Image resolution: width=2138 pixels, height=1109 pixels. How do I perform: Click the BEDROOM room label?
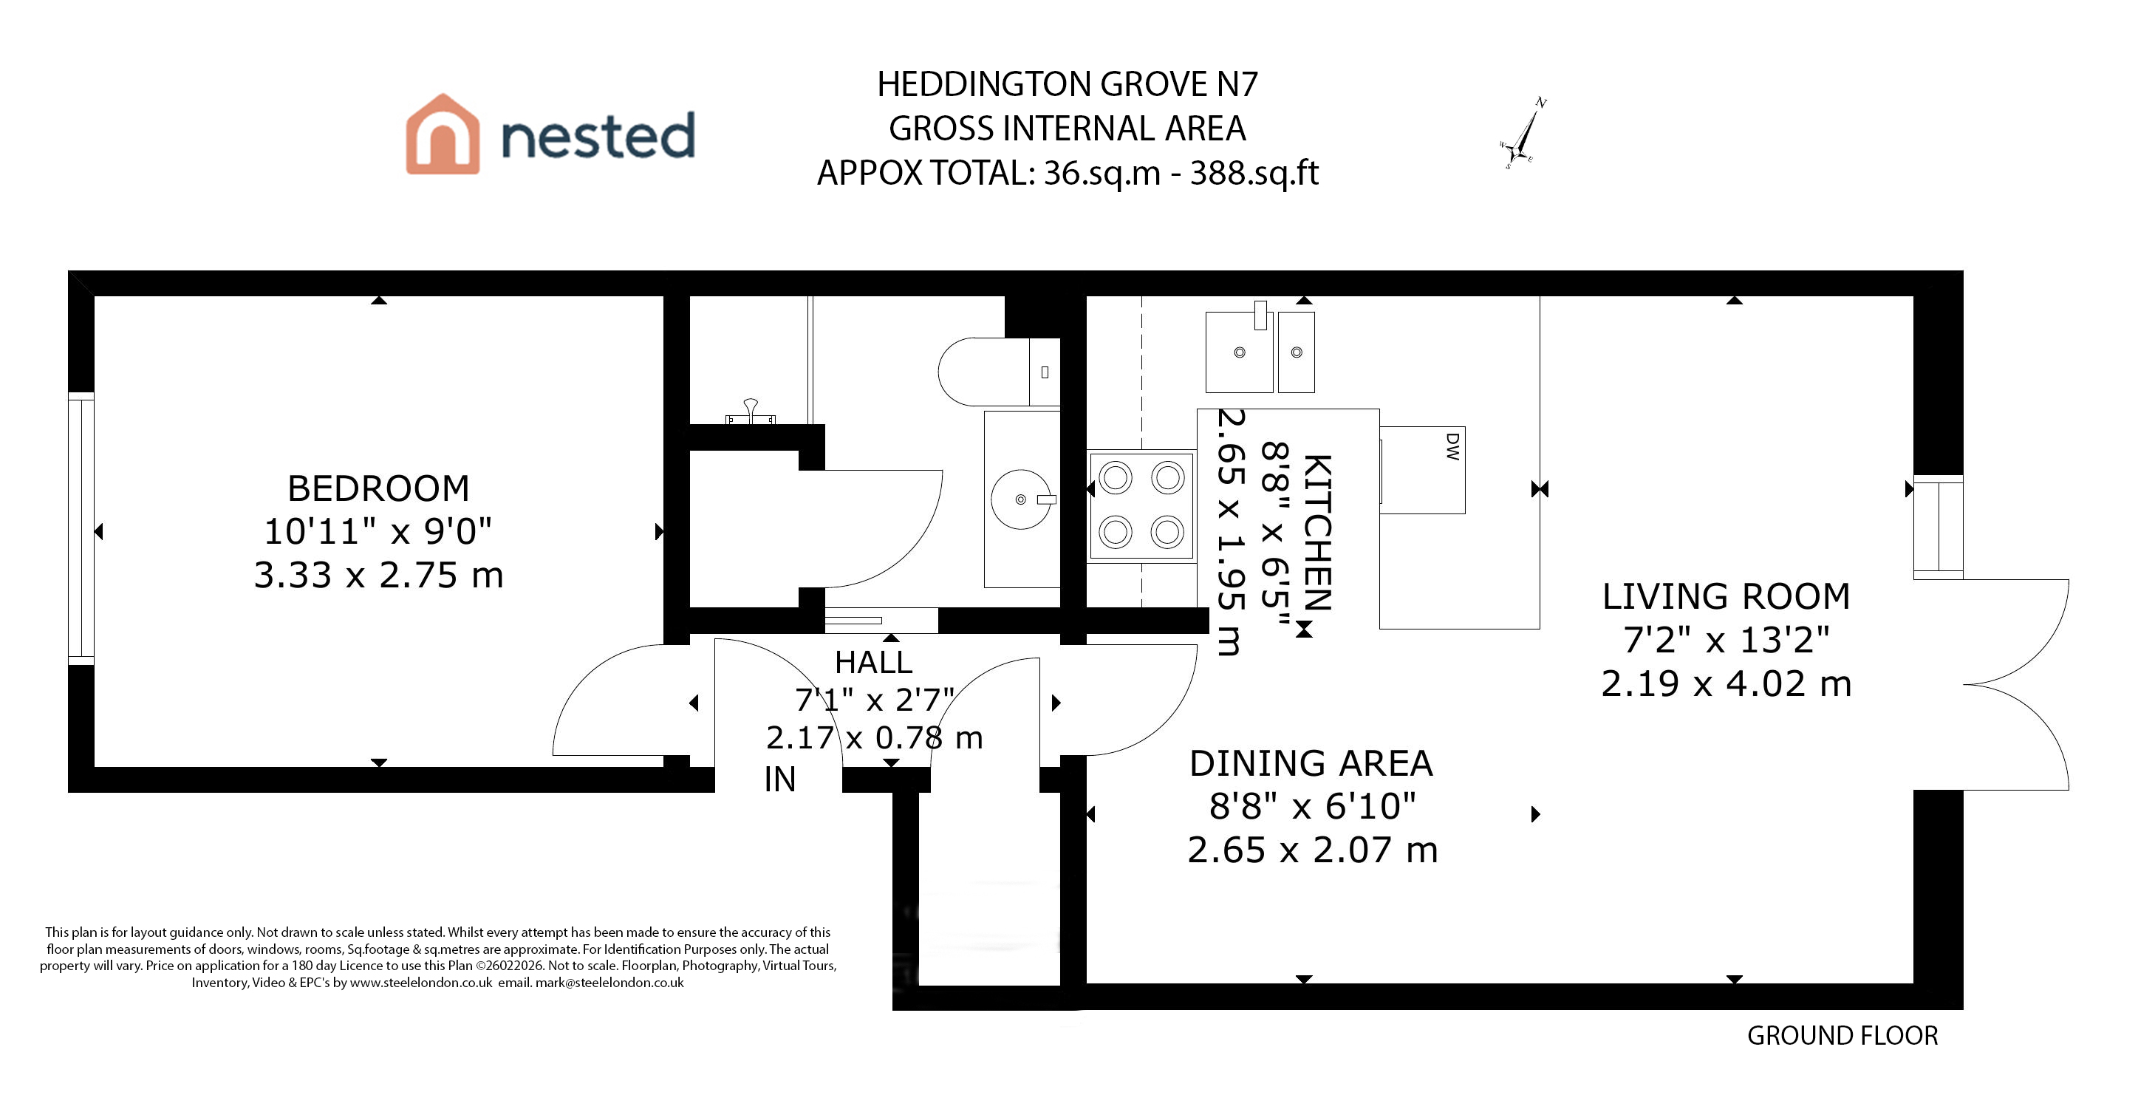[378, 488]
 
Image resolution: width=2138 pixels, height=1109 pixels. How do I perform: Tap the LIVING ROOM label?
[1727, 597]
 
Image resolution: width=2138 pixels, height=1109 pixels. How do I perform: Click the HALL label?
[873, 663]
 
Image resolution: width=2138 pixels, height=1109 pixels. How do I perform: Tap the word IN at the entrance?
[780, 779]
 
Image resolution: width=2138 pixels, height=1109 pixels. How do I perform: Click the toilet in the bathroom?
[1000, 372]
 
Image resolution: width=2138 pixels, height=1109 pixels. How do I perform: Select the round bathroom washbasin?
[1022, 499]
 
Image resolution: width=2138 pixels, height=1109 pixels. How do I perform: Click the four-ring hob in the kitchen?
[1142, 505]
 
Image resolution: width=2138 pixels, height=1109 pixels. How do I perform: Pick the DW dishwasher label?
[1452, 446]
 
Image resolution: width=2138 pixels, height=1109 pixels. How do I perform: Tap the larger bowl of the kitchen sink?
[1239, 352]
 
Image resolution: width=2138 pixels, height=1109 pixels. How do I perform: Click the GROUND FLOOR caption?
[1842, 1036]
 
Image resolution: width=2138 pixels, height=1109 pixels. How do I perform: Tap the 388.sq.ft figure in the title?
[1254, 173]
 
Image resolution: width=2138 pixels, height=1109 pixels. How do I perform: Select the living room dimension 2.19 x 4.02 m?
[1727, 684]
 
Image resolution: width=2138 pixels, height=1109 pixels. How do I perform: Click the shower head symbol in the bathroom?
[751, 412]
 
